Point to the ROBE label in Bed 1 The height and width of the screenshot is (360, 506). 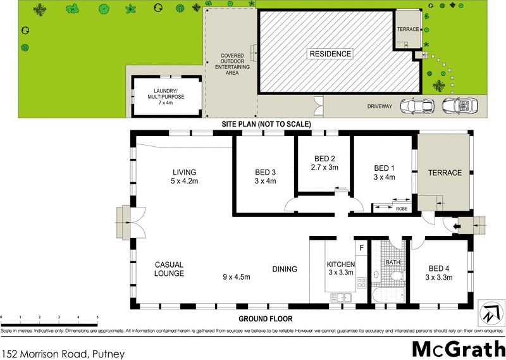[x=401, y=208]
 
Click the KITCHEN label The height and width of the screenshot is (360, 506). [x=340, y=264]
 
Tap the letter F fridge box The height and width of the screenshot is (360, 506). [x=362, y=247]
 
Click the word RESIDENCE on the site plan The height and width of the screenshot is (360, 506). [x=330, y=54]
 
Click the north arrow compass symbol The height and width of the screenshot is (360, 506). [x=492, y=312]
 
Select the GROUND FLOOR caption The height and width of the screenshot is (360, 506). [x=265, y=319]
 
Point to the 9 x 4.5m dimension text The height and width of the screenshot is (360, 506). [x=237, y=276]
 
